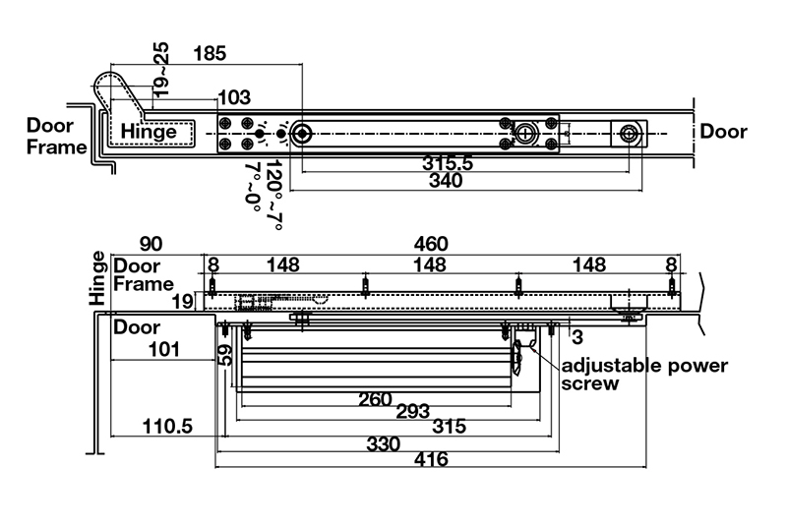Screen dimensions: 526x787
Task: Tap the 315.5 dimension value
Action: click(448, 163)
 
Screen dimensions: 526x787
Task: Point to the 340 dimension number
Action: click(448, 182)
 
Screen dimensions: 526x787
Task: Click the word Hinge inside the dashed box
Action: click(150, 132)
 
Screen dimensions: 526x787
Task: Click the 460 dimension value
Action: click(430, 244)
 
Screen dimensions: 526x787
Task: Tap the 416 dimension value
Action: click(430, 459)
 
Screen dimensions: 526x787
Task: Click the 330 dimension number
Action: click(383, 443)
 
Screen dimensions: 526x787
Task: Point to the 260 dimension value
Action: click(375, 400)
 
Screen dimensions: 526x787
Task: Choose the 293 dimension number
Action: click(412, 412)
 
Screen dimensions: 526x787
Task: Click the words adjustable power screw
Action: click(644, 375)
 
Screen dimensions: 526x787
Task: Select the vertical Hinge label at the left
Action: click(97, 279)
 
